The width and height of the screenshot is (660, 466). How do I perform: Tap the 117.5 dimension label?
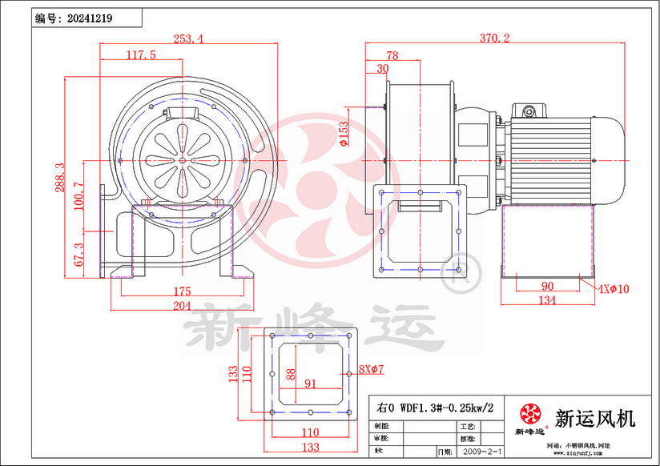pyautogui.click(x=141, y=54)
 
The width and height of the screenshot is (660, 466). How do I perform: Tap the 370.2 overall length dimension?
pyautogui.click(x=495, y=38)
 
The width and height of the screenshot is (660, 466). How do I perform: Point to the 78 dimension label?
pyautogui.click(x=392, y=55)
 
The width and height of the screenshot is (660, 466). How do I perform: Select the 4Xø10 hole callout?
pyautogui.click(x=613, y=287)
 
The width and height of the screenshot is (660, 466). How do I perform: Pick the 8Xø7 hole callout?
pyautogui.click(x=372, y=368)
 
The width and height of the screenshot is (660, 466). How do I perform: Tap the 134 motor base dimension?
pyautogui.click(x=547, y=300)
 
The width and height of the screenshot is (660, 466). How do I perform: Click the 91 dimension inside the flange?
pyautogui.click(x=310, y=384)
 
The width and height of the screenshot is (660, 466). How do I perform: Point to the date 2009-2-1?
pyautogui.click(x=479, y=452)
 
